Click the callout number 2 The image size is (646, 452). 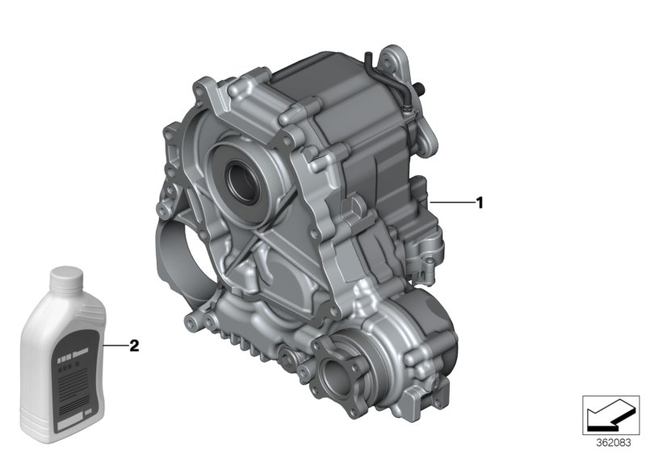click(x=134, y=346)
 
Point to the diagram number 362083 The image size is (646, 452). click(x=614, y=442)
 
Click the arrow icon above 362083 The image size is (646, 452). click(x=614, y=414)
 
